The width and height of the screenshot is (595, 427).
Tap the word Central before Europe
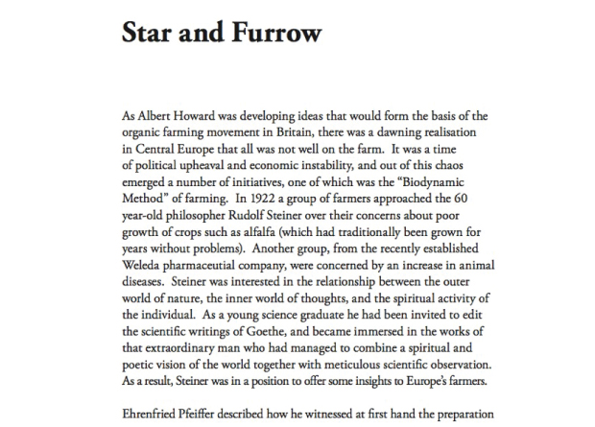[x=158, y=149]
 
